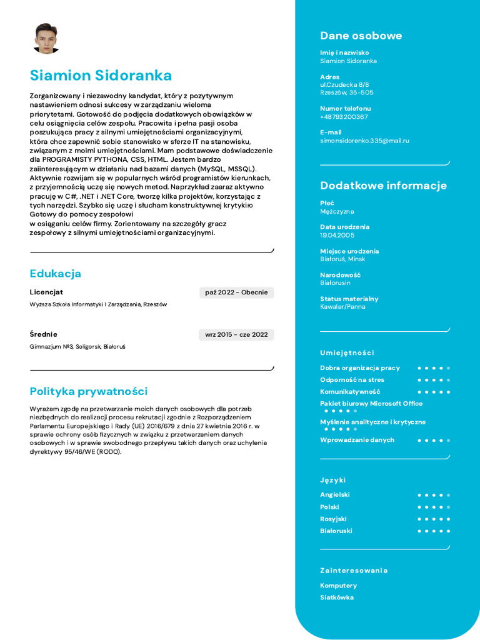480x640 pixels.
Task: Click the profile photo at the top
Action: pos(46,39)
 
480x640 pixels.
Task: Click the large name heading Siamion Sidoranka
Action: pos(101,76)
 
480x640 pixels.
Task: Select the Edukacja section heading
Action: pos(56,274)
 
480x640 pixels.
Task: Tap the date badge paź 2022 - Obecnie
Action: pos(236,292)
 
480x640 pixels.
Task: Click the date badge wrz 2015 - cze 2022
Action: pos(236,334)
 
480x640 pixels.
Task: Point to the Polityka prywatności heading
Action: pos(89,391)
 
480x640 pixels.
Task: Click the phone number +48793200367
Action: pos(344,117)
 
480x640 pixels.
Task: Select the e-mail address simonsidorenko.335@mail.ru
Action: pos(364,141)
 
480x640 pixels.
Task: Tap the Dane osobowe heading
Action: pos(361,36)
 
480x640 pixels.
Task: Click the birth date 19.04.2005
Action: pos(337,235)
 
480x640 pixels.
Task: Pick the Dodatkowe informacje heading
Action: pos(383,185)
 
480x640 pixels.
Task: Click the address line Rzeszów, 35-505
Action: pos(347,92)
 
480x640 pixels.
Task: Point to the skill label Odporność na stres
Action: pos(352,379)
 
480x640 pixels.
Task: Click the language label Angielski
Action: pos(335,494)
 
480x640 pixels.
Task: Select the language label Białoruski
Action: pos(336,531)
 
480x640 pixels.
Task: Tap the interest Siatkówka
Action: pos(337,597)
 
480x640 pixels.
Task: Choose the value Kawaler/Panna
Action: pos(342,307)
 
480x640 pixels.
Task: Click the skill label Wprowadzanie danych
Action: pos(357,440)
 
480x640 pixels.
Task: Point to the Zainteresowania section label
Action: pos(354,570)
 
